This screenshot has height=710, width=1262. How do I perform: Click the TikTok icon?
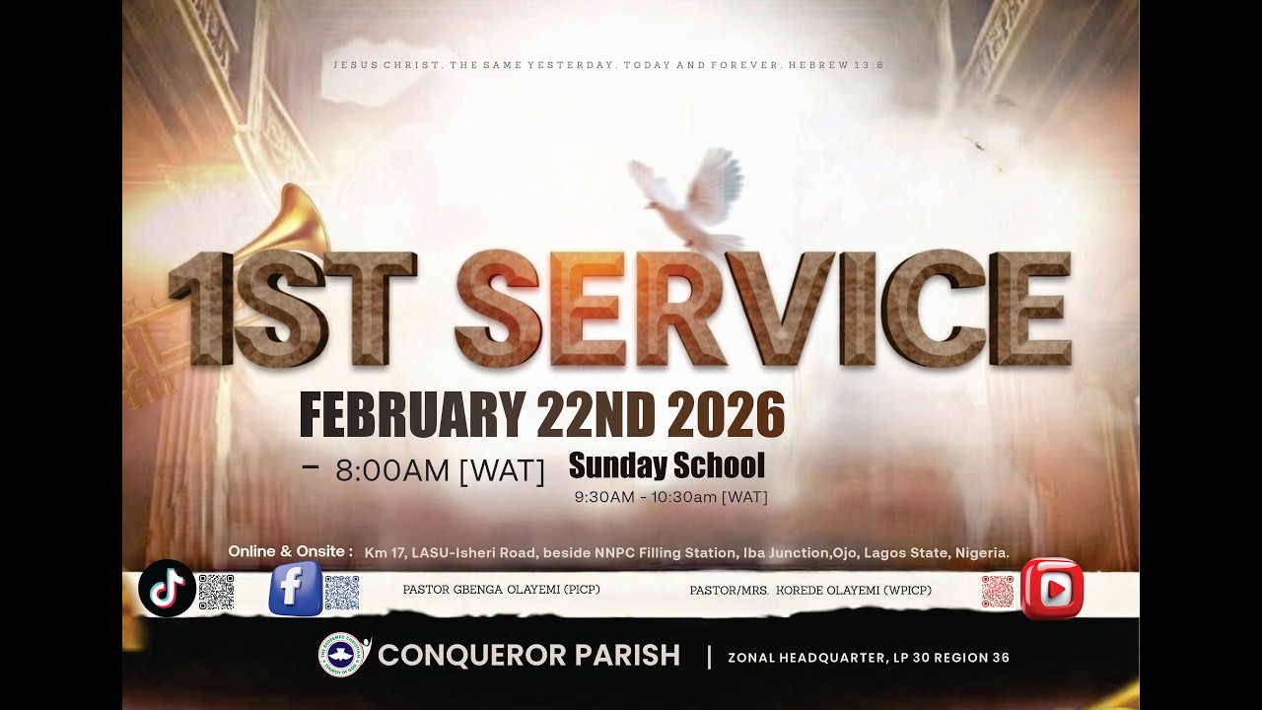(x=166, y=589)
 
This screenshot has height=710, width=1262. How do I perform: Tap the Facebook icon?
(x=296, y=589)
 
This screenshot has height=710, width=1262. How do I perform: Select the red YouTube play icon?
(x=1052, y=590)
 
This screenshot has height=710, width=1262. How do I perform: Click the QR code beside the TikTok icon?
(x=216, y=592)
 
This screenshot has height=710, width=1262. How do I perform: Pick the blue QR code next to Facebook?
(x=341, y=593)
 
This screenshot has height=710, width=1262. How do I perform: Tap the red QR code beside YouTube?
(x=997, y=592)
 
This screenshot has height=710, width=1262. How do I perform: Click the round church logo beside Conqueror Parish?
(x=342, y=655)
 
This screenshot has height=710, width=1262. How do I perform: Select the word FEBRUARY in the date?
(x=411, y=415)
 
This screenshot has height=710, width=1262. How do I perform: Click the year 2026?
(x=726, y=415)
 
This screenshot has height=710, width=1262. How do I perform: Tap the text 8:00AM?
(x=392, y=471)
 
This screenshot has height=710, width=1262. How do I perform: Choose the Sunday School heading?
(x=666, y=465)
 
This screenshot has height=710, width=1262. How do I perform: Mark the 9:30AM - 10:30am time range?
(x=670, y=497)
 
